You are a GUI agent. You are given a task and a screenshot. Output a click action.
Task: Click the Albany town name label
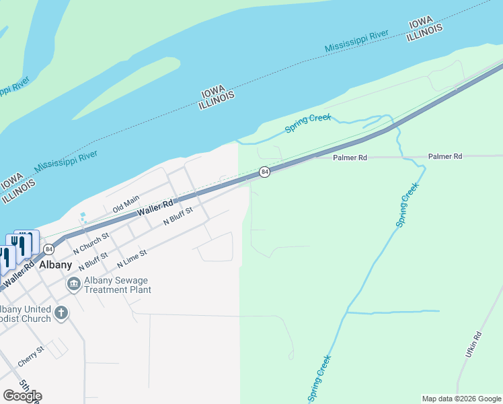(55, 265)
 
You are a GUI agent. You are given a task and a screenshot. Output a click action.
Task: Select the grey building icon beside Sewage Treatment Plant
(73, 285)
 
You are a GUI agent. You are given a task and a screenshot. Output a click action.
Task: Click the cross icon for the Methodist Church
(61, 312)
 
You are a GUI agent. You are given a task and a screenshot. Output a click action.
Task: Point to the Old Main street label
(126, 204)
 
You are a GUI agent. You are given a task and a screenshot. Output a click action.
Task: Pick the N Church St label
(91, 242)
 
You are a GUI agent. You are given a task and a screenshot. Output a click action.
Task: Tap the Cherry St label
(31, 356)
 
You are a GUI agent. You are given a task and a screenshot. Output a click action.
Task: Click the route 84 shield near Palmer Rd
(265, 172)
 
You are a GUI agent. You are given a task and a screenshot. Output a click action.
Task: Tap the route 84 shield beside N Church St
(48, 249)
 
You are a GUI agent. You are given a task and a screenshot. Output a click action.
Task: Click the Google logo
(22, 395)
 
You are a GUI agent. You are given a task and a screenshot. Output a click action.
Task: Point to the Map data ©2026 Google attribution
(461, 399)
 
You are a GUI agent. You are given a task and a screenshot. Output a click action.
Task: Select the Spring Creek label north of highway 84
(309, 123)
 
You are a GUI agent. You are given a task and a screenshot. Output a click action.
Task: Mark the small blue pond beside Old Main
(83, 217)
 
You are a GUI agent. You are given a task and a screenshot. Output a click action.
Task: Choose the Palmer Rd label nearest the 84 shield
(350, 157)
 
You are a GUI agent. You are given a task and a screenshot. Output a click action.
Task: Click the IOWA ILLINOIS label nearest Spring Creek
(217, 98)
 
